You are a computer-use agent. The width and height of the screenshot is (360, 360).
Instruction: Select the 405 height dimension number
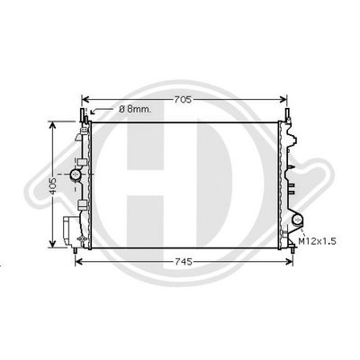(54, 185)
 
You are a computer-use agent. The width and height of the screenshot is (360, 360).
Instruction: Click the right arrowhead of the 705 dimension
(287, 100)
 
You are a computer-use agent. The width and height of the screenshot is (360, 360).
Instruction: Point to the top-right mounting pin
(289, 115)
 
